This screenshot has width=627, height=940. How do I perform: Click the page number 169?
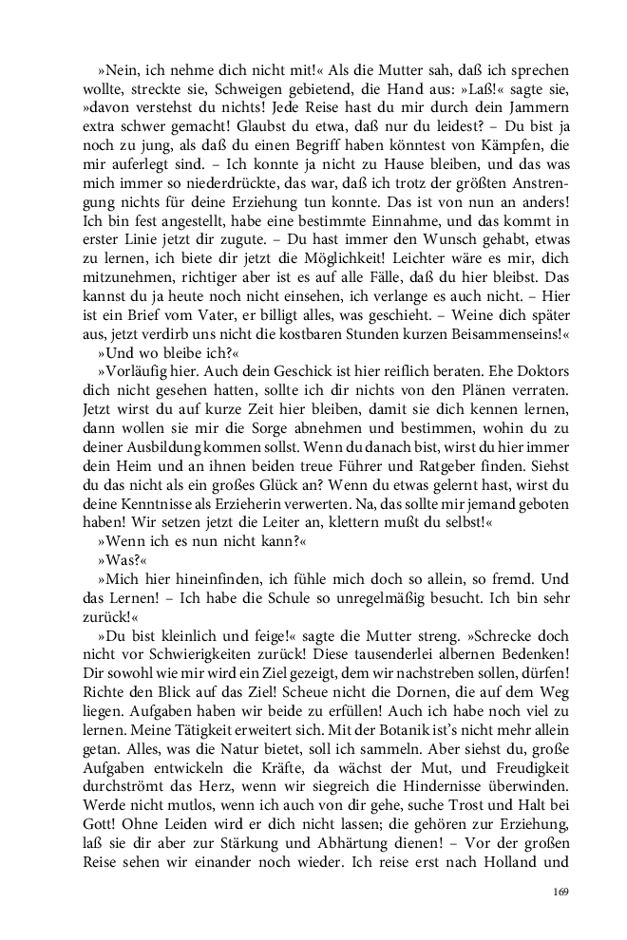pos(560,892)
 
